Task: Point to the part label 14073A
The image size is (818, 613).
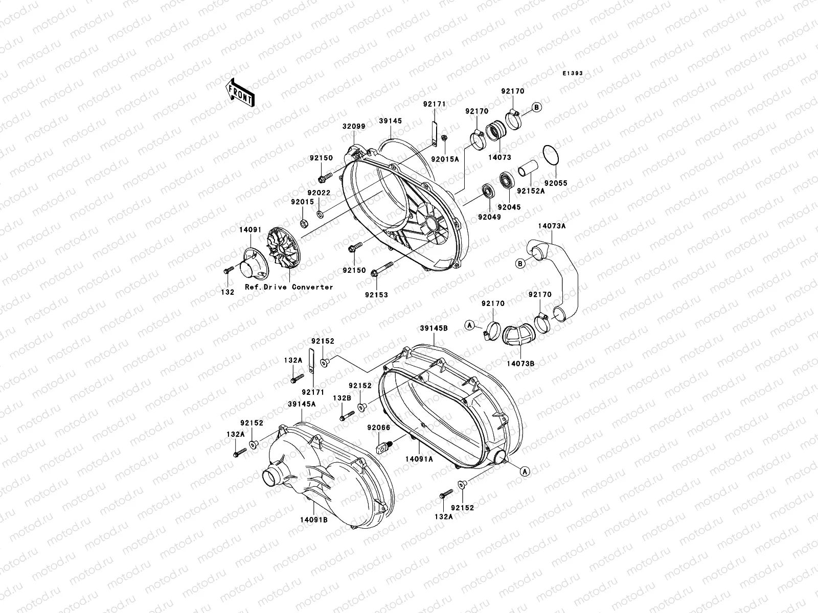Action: (x=551, y=225)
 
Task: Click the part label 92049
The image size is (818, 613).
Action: (x=489, y=217)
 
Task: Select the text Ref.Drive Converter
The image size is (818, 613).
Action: (x=289, y=287)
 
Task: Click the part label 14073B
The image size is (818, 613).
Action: (x=520, y=364)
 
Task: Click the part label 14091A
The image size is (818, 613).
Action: (x=419, y=459)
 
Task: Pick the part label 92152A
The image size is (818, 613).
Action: (x=530, y=191)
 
